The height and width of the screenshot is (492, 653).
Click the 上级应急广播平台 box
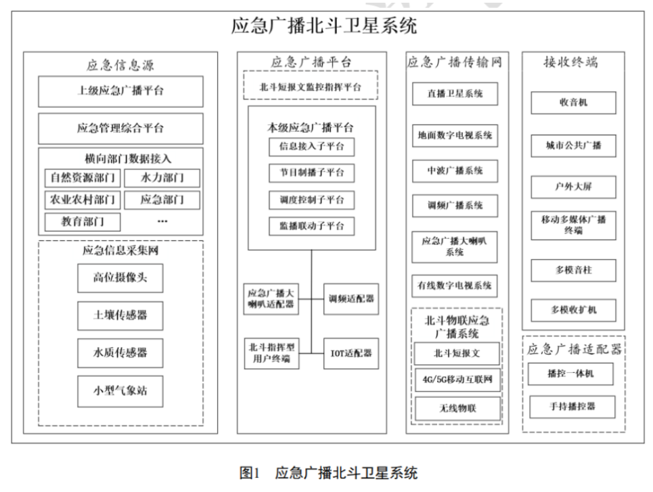click(x=120, y=91)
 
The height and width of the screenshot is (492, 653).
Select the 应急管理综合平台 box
click(x=120, y=129)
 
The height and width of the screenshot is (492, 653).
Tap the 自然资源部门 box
click(x=83, y=178)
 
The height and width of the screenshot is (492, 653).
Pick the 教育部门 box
click(x=83, y=221)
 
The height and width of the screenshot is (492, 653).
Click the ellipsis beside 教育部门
click(x=162, y=221)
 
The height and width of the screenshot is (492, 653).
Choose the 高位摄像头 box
click(x=120, y=278)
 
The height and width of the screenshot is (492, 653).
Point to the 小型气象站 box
click(x=120, y=391)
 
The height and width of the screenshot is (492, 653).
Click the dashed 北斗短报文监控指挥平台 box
click(x=311, y=85)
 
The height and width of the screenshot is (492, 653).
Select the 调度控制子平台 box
click(x=311, y=200)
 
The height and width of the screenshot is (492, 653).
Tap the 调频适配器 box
click(x=351, y=298)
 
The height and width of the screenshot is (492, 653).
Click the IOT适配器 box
click(x=351, y=353)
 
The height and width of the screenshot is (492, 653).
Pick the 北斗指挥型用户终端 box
click(x=271, y=353)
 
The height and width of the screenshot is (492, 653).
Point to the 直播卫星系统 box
click(x=455, y=94)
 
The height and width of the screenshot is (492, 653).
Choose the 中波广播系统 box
click(x=455, y=171)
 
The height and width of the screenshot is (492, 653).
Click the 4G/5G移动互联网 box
click(x=457, y=380)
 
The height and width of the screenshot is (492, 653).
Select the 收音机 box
click(x=573, y=102)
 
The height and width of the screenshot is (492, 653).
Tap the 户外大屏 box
click(x=573, y=187)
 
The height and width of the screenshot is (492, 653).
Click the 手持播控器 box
click(x=572, y=407)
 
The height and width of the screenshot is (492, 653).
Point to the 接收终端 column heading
click(x=570, y=62)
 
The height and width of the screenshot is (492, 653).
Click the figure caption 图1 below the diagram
click(x=250, y=473)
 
